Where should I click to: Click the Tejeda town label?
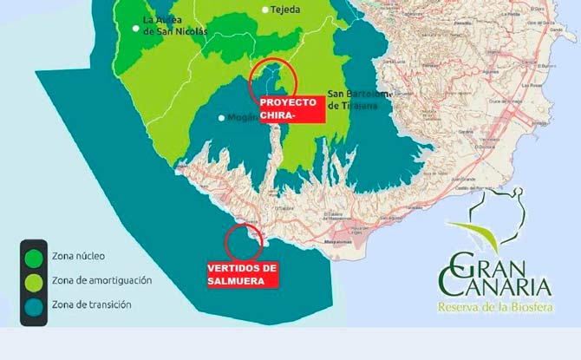pos(287,10)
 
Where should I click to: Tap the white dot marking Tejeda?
pos(265,10)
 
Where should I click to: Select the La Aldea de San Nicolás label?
pos(175,26)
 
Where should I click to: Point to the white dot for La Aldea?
pos(135,28)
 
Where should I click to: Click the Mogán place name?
pos(244,118)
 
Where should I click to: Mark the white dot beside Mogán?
pos(222,118)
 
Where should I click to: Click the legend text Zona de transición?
pos(91,304)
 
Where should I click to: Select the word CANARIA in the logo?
pos(506,284)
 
